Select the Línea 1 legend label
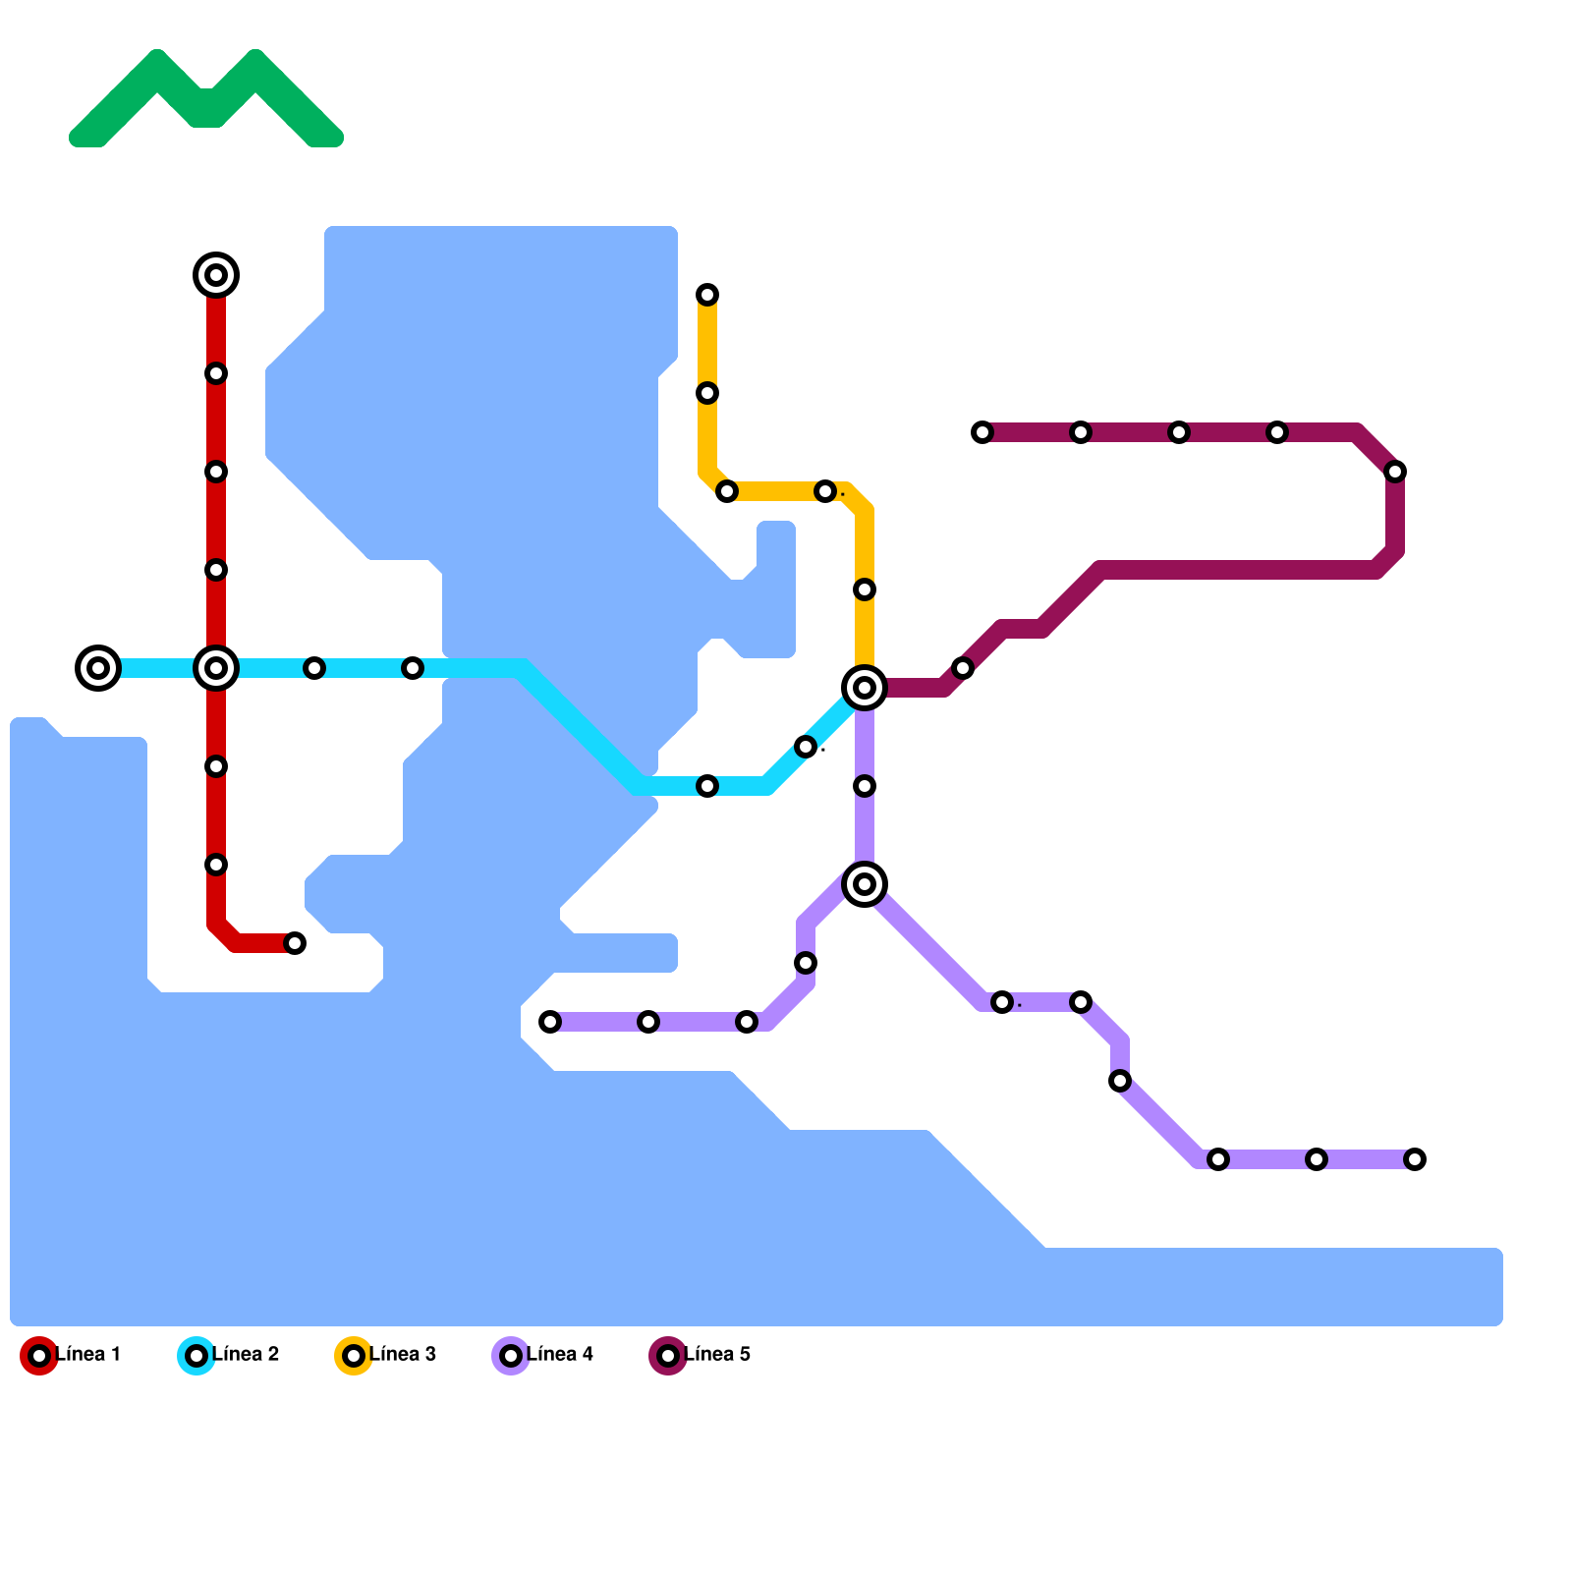click(x=87, y=1355)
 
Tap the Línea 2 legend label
click(x=246, y=1355)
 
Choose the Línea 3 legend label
click(x=403, y=1355)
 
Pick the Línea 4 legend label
click(x=560, y=1355)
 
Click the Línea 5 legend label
click(x=717, y=1355)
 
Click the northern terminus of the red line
click(x=216, y=275)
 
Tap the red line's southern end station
click(x=295, y=943)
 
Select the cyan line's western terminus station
click(x=98, y=668)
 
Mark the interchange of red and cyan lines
click(x=216, y=668)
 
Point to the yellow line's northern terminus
click(x=707, y=295)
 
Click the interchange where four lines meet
click(x=865, y=688)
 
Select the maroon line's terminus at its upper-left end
click(x=982, y=432)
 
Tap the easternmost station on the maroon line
click(x=1395, y=472)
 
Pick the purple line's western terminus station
click(x=550, y=1022)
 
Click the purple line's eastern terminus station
click(x=1415, y=1159)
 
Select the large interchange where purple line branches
click(x=865, y=884)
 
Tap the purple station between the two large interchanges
click(x=865, y=786)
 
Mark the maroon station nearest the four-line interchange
click(x=963, y=668)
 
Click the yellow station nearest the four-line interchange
click(x=865, y=589)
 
